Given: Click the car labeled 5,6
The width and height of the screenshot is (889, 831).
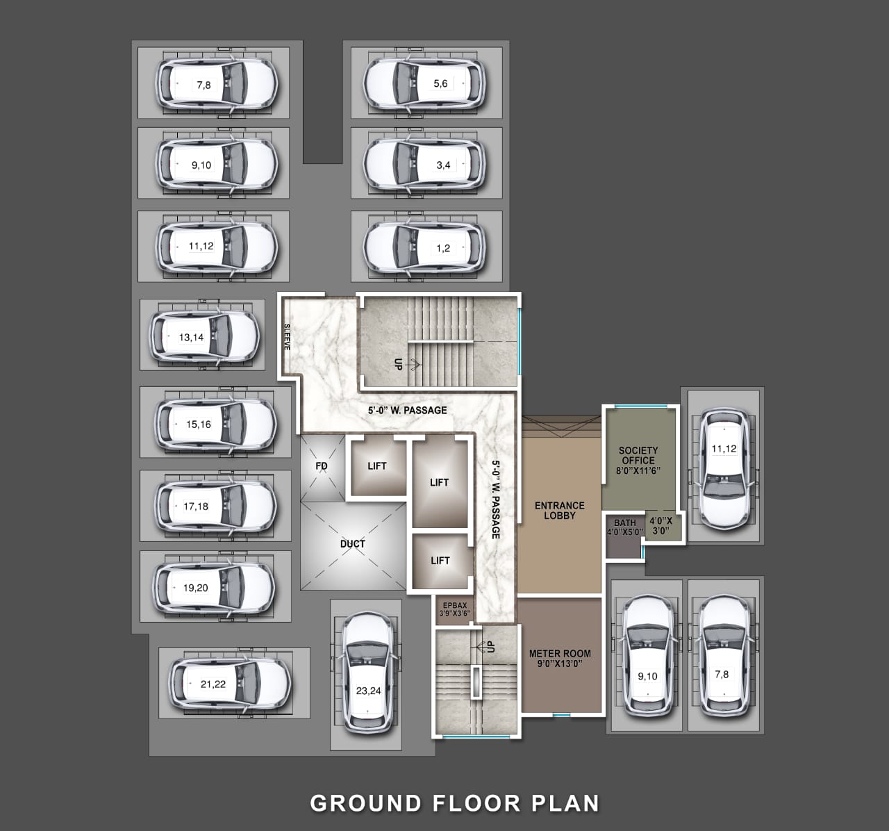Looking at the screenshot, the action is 424,83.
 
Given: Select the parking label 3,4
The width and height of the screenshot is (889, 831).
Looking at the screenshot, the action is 443,165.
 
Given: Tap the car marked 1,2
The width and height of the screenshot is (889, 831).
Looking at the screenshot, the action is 424,248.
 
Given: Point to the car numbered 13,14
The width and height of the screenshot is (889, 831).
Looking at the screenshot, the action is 205,336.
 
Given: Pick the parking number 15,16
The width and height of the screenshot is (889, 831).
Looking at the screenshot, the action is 199,425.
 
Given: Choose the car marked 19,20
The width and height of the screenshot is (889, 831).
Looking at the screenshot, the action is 214,587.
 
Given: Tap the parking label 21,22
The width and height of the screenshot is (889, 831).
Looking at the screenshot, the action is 213,684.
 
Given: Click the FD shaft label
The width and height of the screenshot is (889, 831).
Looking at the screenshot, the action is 322,466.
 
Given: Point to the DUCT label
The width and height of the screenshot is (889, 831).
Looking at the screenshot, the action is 353,544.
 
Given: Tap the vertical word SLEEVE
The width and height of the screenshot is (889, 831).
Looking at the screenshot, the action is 287,337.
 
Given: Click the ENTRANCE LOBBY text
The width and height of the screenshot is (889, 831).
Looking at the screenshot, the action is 560,510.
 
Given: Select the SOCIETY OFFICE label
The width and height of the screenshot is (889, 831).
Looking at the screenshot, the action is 638,455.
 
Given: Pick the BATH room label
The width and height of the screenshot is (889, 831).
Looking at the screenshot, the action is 625,523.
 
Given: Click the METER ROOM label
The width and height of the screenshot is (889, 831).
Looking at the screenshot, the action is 560,654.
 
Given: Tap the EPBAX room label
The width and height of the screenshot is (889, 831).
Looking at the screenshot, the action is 455,605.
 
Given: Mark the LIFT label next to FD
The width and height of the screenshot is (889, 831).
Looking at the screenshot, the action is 377,466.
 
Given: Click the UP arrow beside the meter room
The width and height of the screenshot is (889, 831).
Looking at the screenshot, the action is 481,646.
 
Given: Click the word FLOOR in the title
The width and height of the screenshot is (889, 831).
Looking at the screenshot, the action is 476,803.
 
